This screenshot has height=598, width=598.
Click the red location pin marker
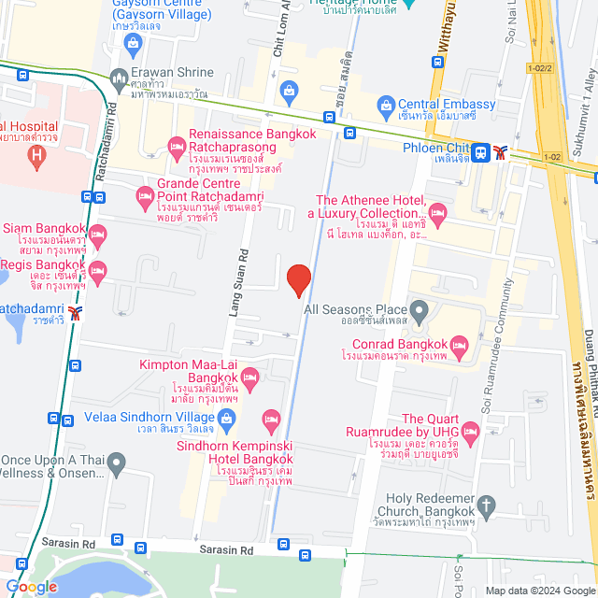[298, 279]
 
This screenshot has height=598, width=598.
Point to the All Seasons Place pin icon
[420, 309]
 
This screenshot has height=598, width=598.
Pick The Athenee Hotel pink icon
[436, 214]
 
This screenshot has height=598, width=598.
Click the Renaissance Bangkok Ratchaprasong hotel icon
[175, 145]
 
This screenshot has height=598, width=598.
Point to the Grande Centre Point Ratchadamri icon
[144, 196]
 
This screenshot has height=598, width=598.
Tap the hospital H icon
[37, 156]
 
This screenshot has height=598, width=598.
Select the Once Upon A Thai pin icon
[116, 462]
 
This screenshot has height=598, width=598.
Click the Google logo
[30, 586]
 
